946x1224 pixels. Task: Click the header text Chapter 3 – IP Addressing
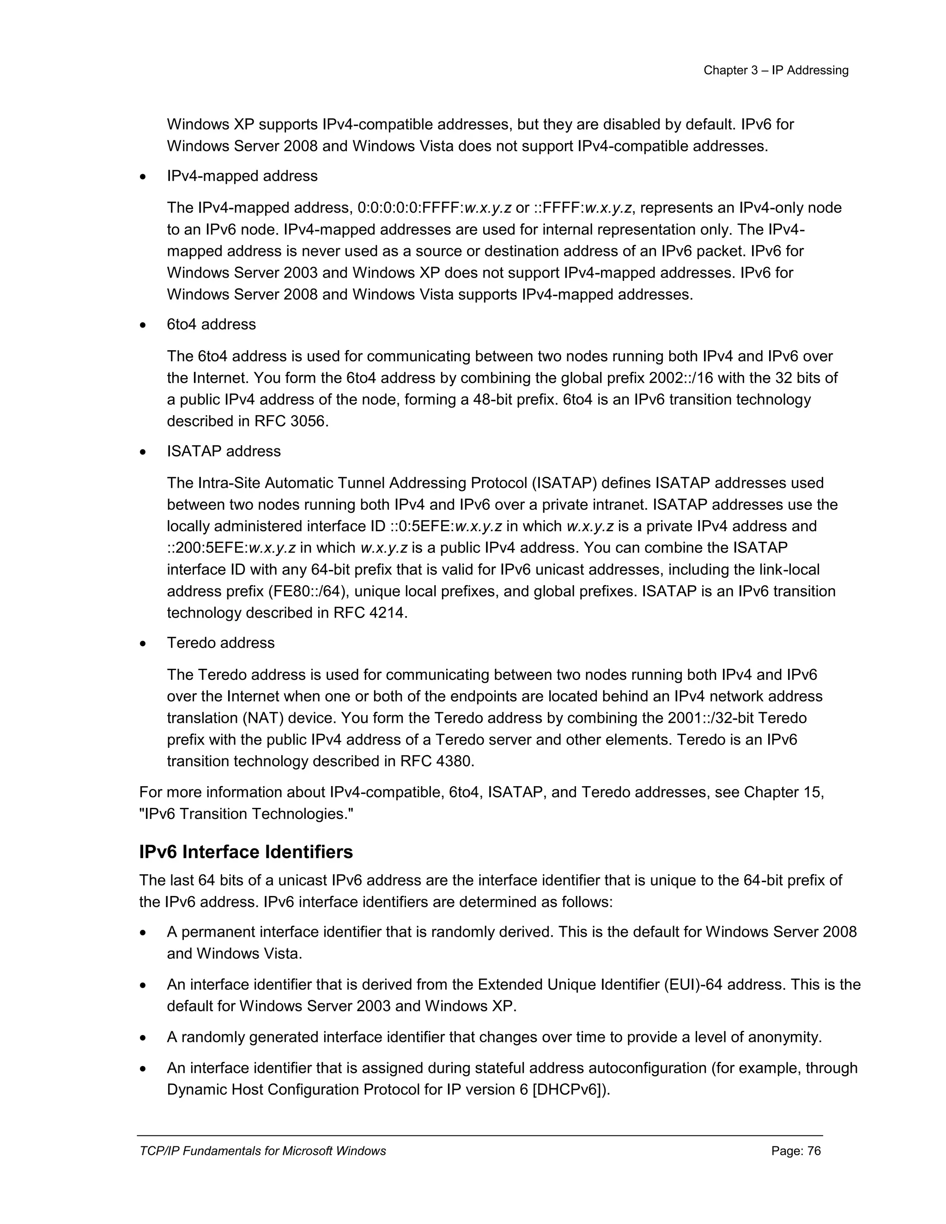776,71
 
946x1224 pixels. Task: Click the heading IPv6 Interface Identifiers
246,852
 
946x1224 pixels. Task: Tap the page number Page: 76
796,1151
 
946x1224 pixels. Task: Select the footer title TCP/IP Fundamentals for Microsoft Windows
262,1151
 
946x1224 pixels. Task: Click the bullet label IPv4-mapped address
242,176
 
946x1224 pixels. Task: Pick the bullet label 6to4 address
211,325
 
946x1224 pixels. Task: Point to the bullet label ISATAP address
224,451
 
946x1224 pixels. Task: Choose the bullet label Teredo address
221,643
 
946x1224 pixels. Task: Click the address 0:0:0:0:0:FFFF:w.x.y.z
434,208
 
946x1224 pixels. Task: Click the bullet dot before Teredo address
144,644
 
